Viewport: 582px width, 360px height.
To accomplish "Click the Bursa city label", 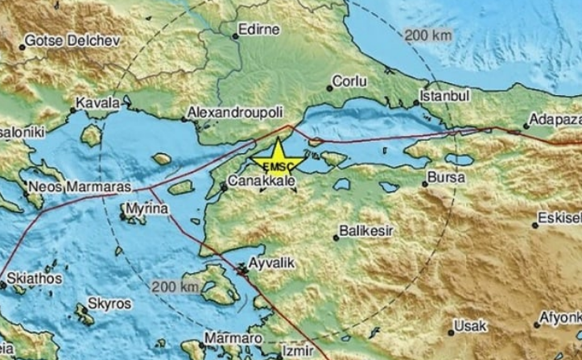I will tap(445, 175).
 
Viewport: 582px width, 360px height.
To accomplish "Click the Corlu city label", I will tap(351, 81).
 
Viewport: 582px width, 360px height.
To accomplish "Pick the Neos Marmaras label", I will tap(68, 186).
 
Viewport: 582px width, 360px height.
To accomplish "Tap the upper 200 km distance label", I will tap(427, 36).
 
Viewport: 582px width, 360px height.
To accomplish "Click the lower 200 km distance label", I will tap(174, 286).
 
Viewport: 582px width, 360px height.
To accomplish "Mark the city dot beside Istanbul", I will tap(416, 102).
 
